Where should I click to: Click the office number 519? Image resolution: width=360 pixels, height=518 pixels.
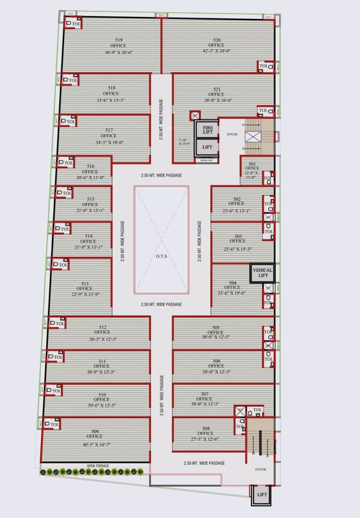point(119,40)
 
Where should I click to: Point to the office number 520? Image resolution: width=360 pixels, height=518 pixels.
point(217,40)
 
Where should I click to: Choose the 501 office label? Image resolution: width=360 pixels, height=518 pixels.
point(252,164)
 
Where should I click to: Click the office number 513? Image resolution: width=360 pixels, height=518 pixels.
point(85,283)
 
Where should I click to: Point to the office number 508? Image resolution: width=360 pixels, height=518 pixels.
point(205,427)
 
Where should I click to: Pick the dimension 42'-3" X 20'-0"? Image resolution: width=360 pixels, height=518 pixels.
point(217,51)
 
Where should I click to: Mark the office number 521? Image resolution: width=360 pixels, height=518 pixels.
point(217,89)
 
